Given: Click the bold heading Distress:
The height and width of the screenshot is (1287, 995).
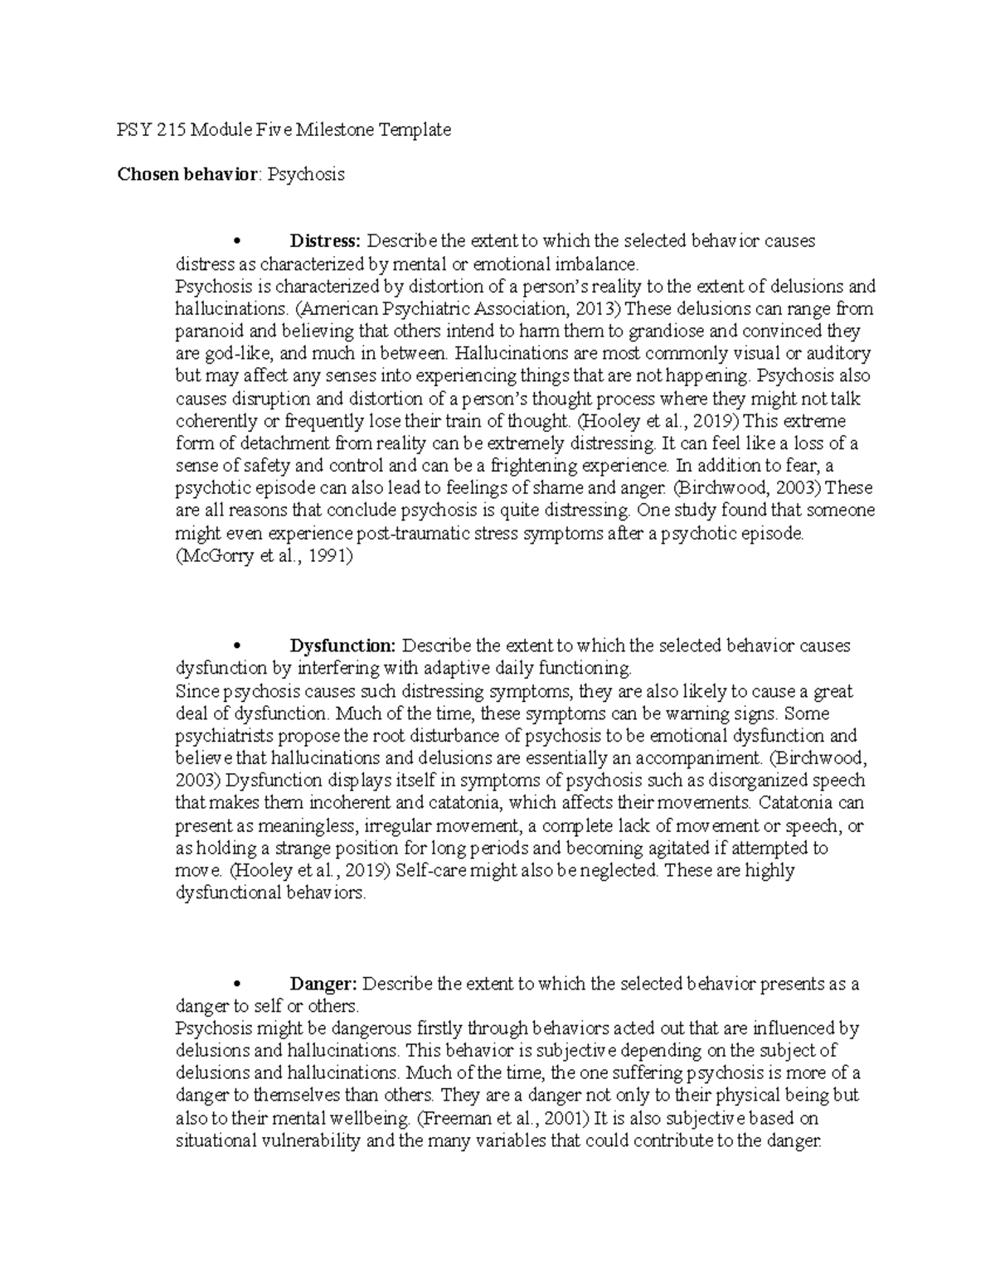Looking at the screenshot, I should coord(324,241).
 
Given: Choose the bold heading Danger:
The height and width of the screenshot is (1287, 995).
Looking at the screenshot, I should coord(323,984).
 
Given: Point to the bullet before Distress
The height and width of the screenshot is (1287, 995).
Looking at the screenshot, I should coord(237,242).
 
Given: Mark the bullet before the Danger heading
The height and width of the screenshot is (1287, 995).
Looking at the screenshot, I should coord(237,985).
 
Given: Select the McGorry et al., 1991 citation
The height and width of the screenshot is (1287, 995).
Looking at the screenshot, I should coord(265,557).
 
